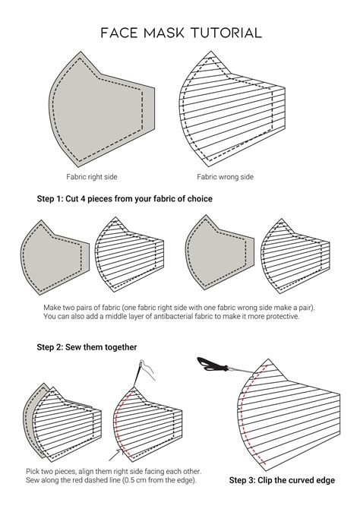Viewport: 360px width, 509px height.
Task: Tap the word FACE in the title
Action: click(122, 33)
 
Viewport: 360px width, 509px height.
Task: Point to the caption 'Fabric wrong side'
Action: click(226, 177)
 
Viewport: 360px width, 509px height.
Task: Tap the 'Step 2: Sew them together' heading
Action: click(87, 346)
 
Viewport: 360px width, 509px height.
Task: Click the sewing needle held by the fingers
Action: click(138, 371)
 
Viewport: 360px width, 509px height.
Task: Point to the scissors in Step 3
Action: click(216, 368)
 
